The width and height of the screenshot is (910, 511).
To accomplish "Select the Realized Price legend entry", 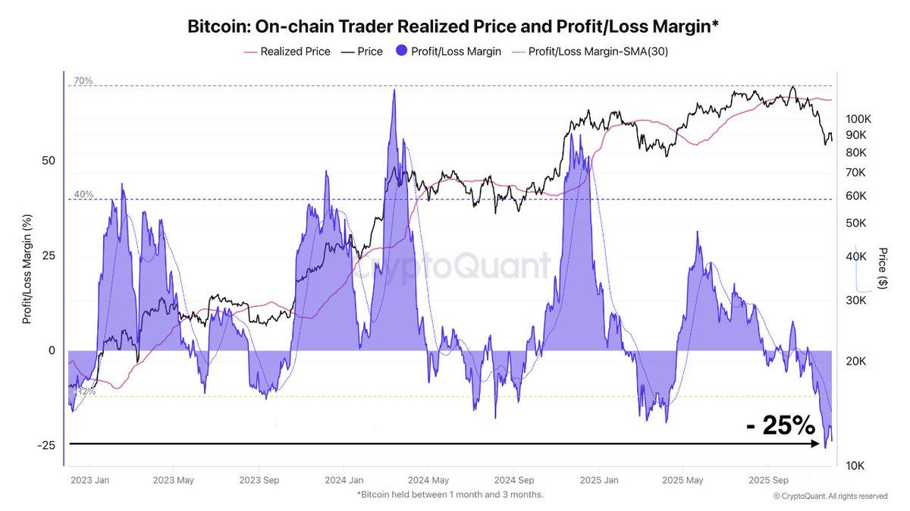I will [x=295, y=52].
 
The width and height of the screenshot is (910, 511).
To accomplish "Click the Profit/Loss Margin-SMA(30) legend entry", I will [x=596, y=52].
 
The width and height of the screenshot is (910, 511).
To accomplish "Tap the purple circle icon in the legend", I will [x=400, y=52].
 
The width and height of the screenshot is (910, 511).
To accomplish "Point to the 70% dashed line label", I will [x=83, y=80].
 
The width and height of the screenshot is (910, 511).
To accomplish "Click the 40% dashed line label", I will [x=83, y=194].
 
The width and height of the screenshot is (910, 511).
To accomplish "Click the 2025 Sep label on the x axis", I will [x=767, y=480].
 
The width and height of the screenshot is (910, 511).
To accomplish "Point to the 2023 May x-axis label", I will [x=174, y=480].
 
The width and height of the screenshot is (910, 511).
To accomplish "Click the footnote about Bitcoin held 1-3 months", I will [x=450, y=495].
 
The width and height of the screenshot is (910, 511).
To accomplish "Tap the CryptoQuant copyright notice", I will [x=830, y=496].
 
